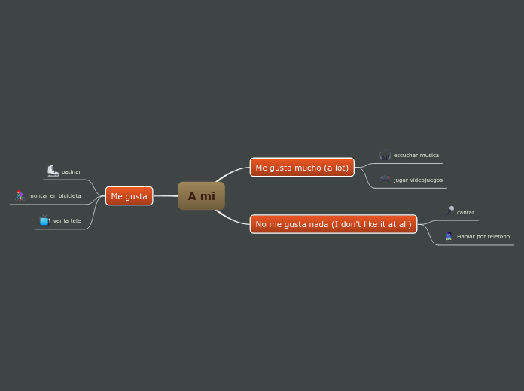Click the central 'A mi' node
[x=201, y=196]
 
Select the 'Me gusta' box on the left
[x=129, y=196]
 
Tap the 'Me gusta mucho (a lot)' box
[x=302, y=168]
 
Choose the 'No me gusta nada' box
[x=333, y=224]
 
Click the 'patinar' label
[x=72, y=172]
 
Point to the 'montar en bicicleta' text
[x=55, y=195]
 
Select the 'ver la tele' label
[x=67, y=221]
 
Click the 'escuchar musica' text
[x=416, y=156]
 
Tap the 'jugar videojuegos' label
[x=418, y=180]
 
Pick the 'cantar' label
[x=465, y=213]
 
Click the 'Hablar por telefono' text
[x=483, y=237]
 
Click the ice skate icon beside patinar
[x=53, y=171]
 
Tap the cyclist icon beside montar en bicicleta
[x=20, y=195]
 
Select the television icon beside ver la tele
[x=45, y=220]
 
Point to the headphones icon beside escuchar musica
[x=385, y=156]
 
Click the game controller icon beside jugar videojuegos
[x=385, y=180]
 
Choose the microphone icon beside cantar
[x=449, y=211]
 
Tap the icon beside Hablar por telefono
[x=449, y=236]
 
